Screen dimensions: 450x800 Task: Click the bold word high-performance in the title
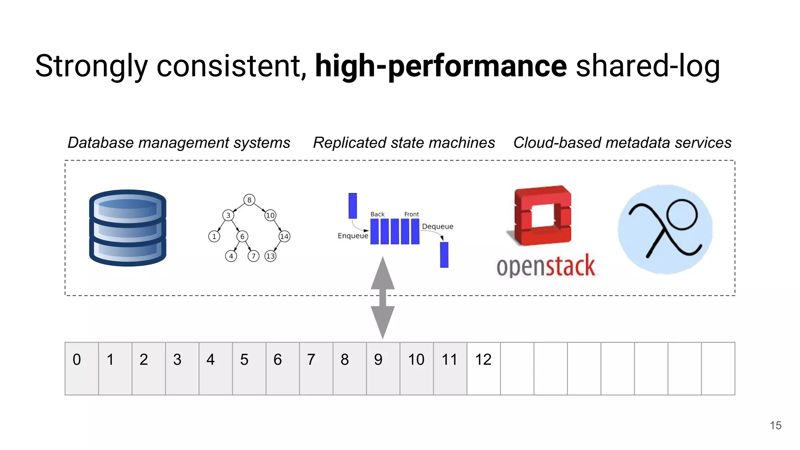coord(441,66)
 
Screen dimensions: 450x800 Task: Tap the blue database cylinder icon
coord(128,228)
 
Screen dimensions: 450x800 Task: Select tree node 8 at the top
coord(249,200)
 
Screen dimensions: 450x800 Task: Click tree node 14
coord(284,236)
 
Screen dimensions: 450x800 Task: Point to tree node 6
coord(242,236)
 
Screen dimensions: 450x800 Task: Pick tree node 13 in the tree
coord(270,256)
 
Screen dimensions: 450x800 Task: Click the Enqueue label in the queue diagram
coord(353,236)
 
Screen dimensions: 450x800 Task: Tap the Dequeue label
coord(437,227)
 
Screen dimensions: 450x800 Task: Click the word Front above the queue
coord(411,214)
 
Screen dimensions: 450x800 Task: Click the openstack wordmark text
coord(546,266)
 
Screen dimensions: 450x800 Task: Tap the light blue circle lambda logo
coord(665,229)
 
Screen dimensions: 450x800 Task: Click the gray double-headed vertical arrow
coord(383,298)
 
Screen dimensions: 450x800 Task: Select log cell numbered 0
coord(81,368)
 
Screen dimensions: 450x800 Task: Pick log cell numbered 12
coord(484,368)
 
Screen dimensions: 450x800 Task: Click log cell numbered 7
coord(316,368)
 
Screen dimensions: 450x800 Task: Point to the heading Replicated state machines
coord(404,143)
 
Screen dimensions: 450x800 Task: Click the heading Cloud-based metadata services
coord(622,143)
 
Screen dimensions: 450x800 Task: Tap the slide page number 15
coord(775,425)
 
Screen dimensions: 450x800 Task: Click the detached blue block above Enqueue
coord(352,205)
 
